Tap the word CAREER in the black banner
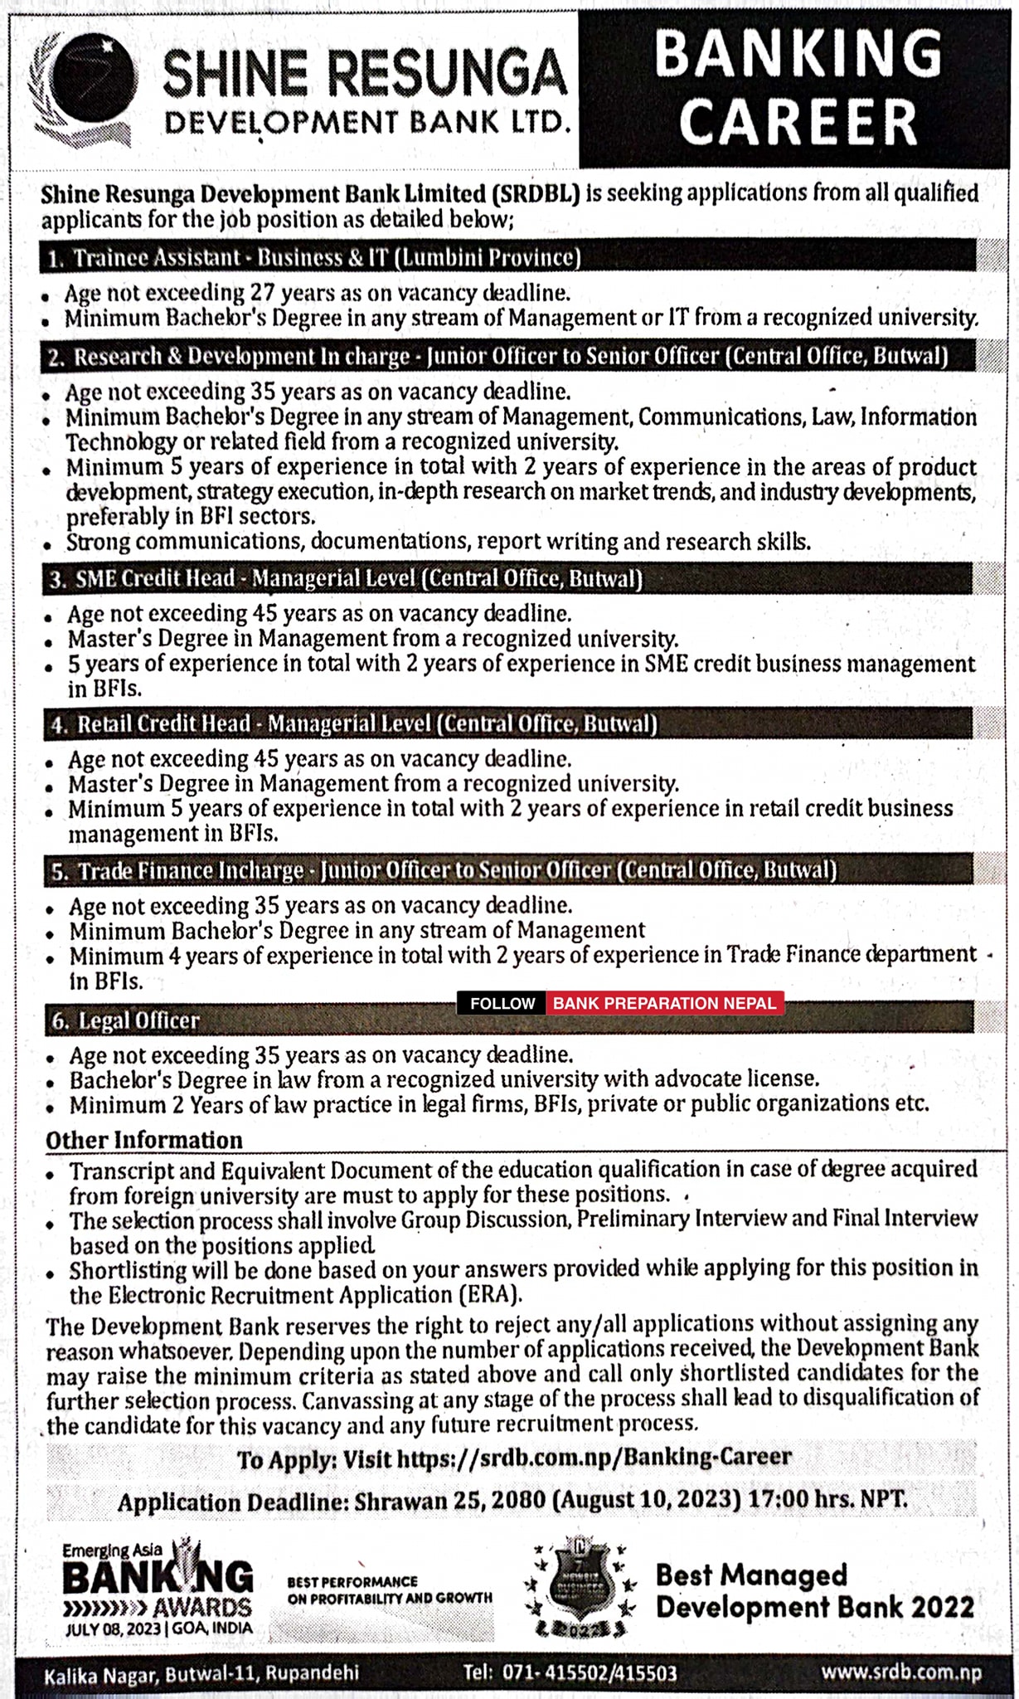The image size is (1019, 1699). pos(798,123)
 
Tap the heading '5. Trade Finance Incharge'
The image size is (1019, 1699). pos(190,870)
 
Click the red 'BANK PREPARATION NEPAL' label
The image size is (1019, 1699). pos(664,1003)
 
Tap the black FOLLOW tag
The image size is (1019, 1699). pos(502,1003)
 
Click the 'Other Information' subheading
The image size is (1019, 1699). pos(144,1140)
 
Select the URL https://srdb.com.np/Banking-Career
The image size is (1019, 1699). pos(594,1458)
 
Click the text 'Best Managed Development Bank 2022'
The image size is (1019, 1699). pos(814,1590)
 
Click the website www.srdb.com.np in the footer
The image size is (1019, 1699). pos(900,1671)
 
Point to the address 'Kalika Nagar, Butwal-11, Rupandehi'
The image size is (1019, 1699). pos(201,1673)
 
